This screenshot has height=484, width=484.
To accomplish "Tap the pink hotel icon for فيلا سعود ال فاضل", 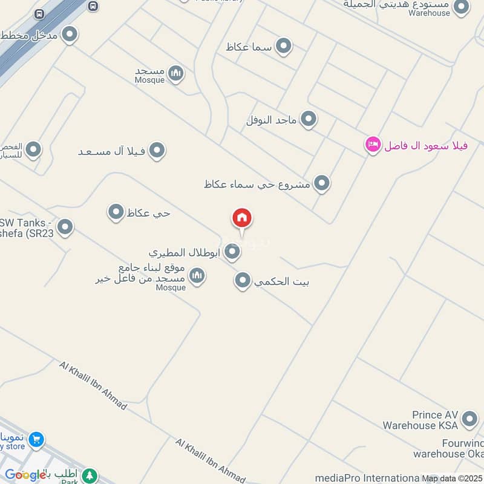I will [373, 145].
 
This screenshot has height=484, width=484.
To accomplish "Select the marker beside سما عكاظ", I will [283, 46].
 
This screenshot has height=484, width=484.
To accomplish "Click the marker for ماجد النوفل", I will [309, 119].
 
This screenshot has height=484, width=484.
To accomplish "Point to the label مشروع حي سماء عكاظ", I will [258, 183].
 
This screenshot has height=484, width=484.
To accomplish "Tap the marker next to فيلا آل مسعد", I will [157, 151].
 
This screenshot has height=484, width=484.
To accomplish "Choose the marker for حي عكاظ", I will [116, 212].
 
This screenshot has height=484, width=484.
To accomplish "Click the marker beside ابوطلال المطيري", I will [232, 252].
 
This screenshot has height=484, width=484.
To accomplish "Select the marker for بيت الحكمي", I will [243, 280].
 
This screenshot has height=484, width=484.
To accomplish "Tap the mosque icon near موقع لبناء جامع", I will [197, 276].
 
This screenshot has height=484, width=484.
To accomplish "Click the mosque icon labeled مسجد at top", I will [176, 74].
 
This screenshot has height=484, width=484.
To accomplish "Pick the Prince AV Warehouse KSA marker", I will [469, 419].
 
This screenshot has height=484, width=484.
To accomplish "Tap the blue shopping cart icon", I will [36, 440].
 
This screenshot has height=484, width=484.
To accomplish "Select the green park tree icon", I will [90, 476].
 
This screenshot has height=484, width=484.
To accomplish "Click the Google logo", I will [25, 475].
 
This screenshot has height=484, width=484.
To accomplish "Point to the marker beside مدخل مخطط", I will [70, 34].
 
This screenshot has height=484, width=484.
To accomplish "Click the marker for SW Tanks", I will [65, 227].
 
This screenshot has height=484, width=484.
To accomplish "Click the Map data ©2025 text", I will [452, 478].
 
